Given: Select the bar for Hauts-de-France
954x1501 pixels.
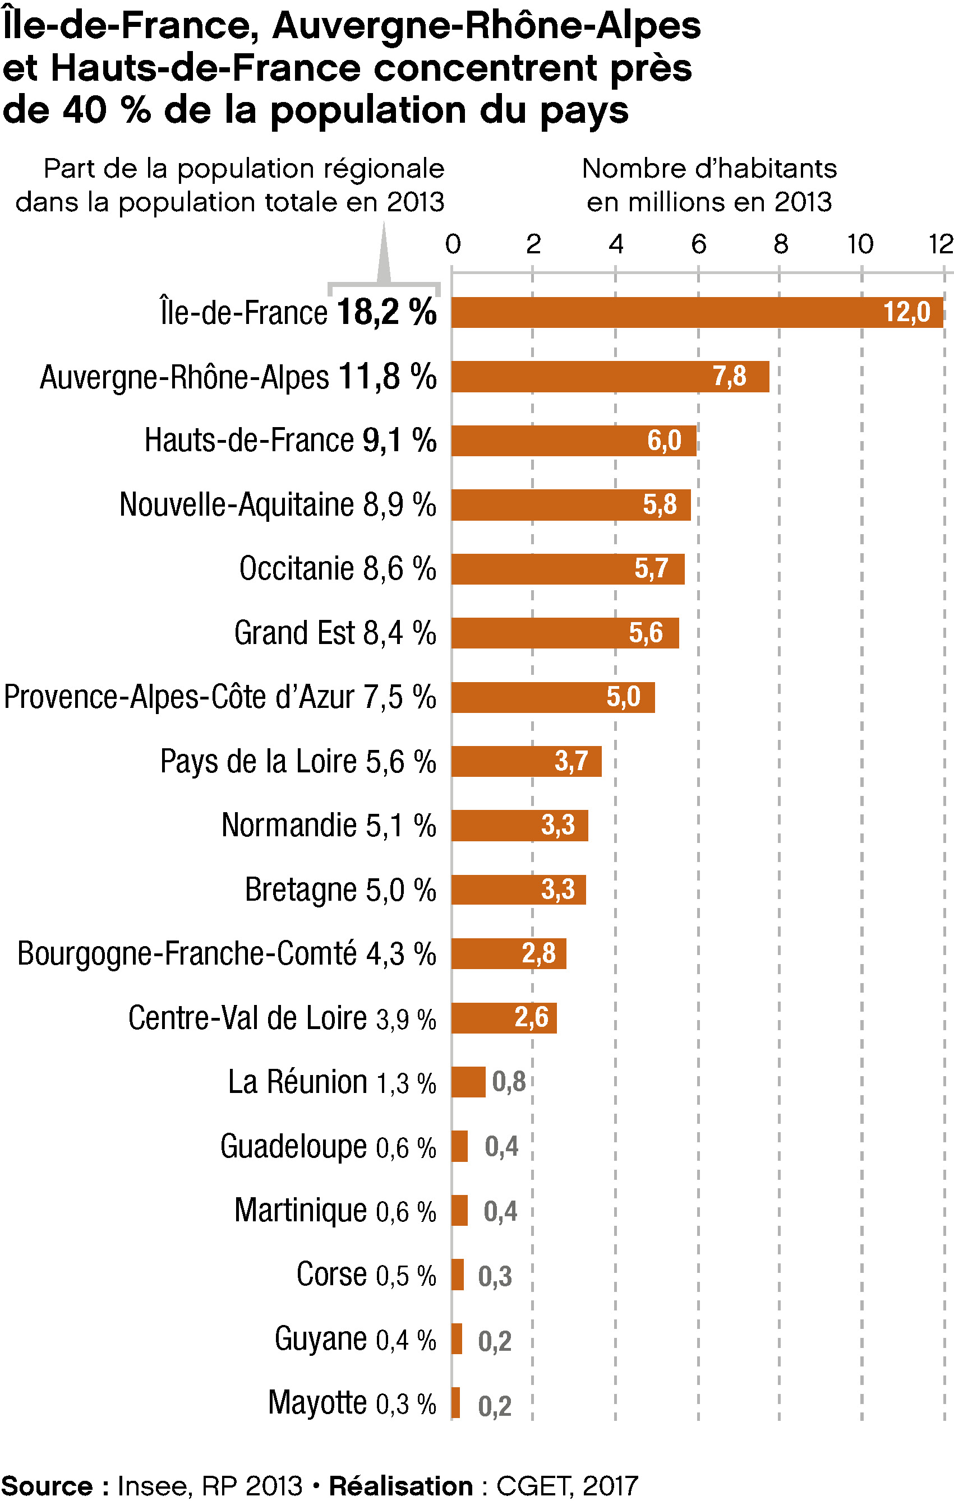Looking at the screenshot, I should point(574,441).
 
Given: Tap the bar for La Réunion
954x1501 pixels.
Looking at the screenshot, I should point(468,1082).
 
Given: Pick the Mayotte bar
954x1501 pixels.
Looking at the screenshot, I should point(456,1402).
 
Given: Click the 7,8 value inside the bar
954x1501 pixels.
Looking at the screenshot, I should point(730,377).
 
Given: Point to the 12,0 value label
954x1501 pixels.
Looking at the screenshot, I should point(907,312).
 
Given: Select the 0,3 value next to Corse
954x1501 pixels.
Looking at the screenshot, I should point(495,1276).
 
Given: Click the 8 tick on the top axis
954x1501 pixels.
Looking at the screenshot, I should point(781,244).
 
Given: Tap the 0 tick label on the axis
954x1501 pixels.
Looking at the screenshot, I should point(453,244).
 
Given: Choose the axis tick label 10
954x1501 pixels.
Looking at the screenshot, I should point(860,244).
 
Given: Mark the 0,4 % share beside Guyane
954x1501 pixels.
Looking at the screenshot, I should point(406,1340).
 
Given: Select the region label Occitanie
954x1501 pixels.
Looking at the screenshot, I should point(297,568).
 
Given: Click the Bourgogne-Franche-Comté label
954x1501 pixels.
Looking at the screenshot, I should point(187,954).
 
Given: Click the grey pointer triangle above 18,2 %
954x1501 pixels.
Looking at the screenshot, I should point(384,256).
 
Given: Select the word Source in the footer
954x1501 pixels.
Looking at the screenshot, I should point(47,1486).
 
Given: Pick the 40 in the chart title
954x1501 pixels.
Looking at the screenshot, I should point(85,110).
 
